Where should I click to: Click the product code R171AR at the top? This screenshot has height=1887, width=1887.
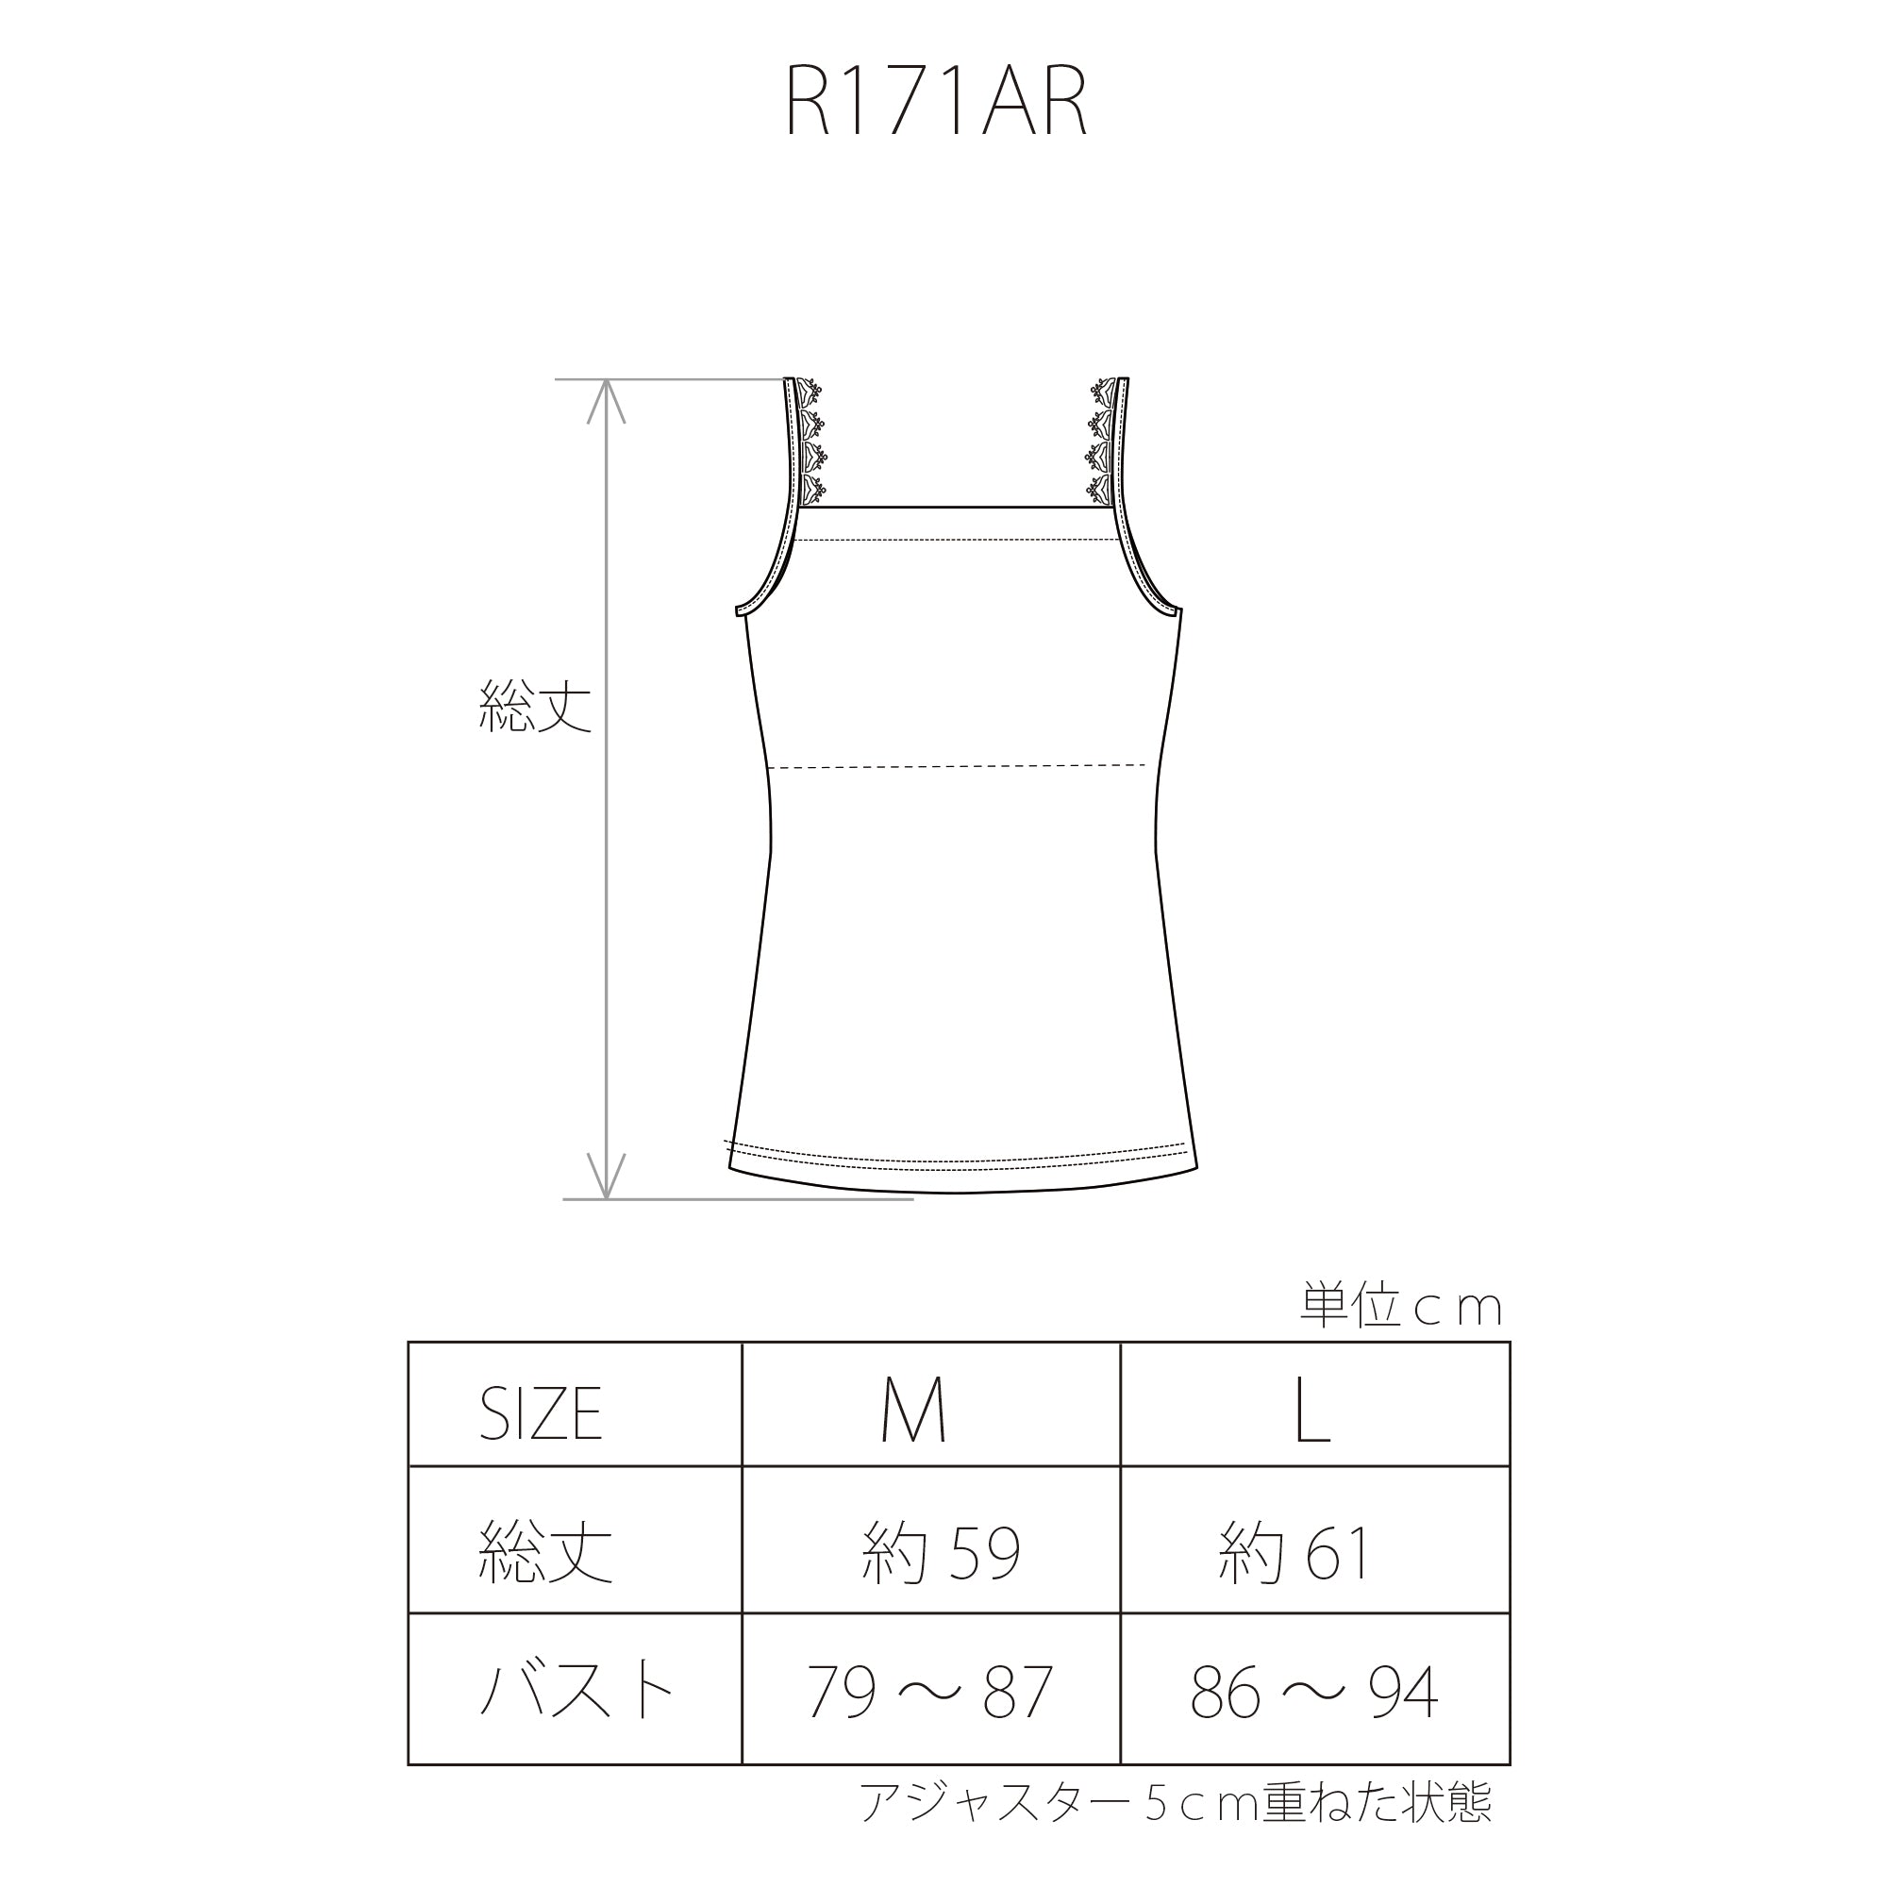[937, 104]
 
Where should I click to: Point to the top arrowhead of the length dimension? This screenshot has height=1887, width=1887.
[607, 400]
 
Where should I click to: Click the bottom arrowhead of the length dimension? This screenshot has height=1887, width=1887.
[607, 1175]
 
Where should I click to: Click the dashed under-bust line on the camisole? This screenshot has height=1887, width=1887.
[957, 766]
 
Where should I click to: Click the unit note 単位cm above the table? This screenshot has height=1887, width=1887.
[1400, 1306]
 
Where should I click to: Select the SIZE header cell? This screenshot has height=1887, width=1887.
[540, 1413]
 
